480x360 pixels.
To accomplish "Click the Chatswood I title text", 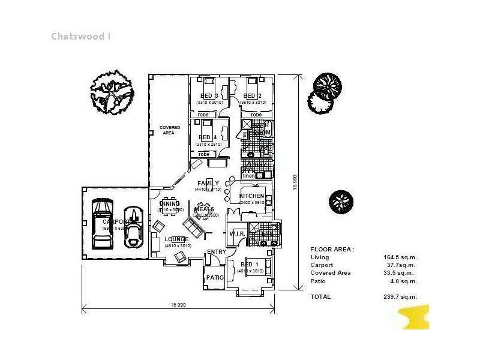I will click(x=81, y=36).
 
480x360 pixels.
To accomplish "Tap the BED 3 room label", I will click(x=209, y=96).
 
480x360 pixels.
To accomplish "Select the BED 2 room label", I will click(x=252, y=96).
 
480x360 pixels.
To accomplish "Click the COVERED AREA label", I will click(x=170, y=130).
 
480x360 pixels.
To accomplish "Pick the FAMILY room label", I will click(x=208, y=184).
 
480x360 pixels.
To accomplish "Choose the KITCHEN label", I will click(x=251, y=196).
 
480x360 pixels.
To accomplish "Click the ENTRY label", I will click(x=216, y=252).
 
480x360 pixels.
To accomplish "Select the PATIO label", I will click(x=215, y=278).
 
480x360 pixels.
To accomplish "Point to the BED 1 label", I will click(x=250, y=265).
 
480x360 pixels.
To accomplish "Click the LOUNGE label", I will click(x=177, y=239).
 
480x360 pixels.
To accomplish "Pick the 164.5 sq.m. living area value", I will click(x=400, y=257).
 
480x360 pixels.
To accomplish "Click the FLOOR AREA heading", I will click(x=332, y=249).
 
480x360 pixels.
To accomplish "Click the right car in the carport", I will click(x=132, y=227).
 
